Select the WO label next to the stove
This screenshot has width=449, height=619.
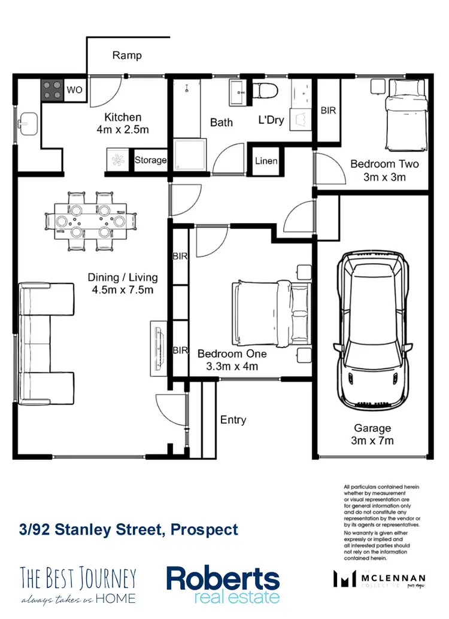(x=75, y=90)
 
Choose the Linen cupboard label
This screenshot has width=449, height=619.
(x=266, y=161)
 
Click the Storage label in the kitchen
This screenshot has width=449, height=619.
(x=150, y=160)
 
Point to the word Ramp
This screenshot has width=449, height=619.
(x=127, y=56)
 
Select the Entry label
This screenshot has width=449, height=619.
(x=233, y=420)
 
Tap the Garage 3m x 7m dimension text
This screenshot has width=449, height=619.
(x=372, y=435)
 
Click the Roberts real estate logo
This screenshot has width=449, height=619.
(x=223, y=584)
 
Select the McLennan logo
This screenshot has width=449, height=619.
(x=380, y=580)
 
